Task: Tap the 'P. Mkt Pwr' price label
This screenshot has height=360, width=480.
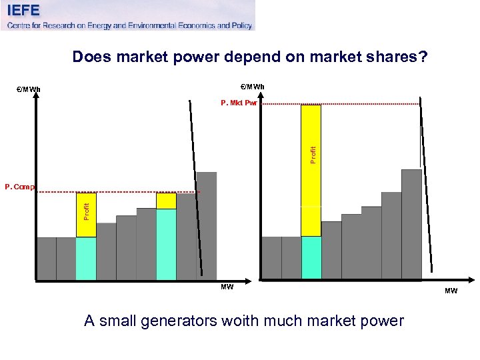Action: pos(239,103)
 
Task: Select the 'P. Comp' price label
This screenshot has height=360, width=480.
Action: pos(19,187)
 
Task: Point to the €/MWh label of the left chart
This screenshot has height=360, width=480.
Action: pos(28,90)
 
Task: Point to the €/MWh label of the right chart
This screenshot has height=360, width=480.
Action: pos(252,87)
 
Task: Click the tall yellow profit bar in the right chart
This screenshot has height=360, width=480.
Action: pos(311,170)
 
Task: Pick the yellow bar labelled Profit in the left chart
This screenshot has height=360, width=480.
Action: pos(86,215)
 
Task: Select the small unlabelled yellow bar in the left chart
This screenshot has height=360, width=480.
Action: pos(166,201)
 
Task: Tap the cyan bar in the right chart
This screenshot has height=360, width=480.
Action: pos(311,257)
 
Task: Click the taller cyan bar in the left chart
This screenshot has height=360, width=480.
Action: pos(166,244)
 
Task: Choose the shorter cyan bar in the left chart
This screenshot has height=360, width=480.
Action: pos(86,258)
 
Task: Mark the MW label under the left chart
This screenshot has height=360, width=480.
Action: pos(227,287)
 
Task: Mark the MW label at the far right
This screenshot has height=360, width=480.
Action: pos(451,291)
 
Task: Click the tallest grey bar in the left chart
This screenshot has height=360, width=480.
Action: pos(207,225)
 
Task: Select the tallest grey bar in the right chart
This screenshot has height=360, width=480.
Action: pos(411,223)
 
